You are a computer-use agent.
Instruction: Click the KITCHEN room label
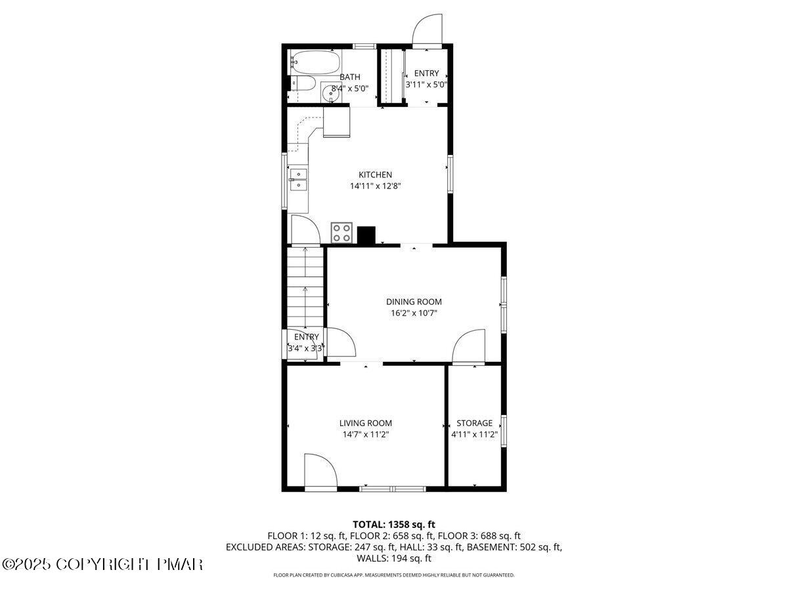(375, 175)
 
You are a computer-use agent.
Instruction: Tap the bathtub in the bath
(314, 63)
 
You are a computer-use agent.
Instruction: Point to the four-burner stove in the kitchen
(341, 232)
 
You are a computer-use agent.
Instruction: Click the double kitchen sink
(299, 179)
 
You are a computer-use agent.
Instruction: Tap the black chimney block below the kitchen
(366, 235)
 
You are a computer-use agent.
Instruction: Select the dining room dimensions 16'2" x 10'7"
(414, 313)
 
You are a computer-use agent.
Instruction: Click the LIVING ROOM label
(366, 423)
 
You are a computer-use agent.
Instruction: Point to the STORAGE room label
(475, 423)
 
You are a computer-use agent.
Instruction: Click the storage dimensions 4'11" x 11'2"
(475, 434)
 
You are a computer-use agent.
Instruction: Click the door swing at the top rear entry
(427, 30)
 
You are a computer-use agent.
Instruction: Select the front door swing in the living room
(320, 471)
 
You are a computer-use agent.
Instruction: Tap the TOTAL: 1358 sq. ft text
(394, 524)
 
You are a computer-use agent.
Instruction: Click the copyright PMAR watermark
(103, 564)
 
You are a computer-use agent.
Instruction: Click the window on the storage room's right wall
(504, 431)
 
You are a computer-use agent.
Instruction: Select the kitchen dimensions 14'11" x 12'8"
(375, 186)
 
